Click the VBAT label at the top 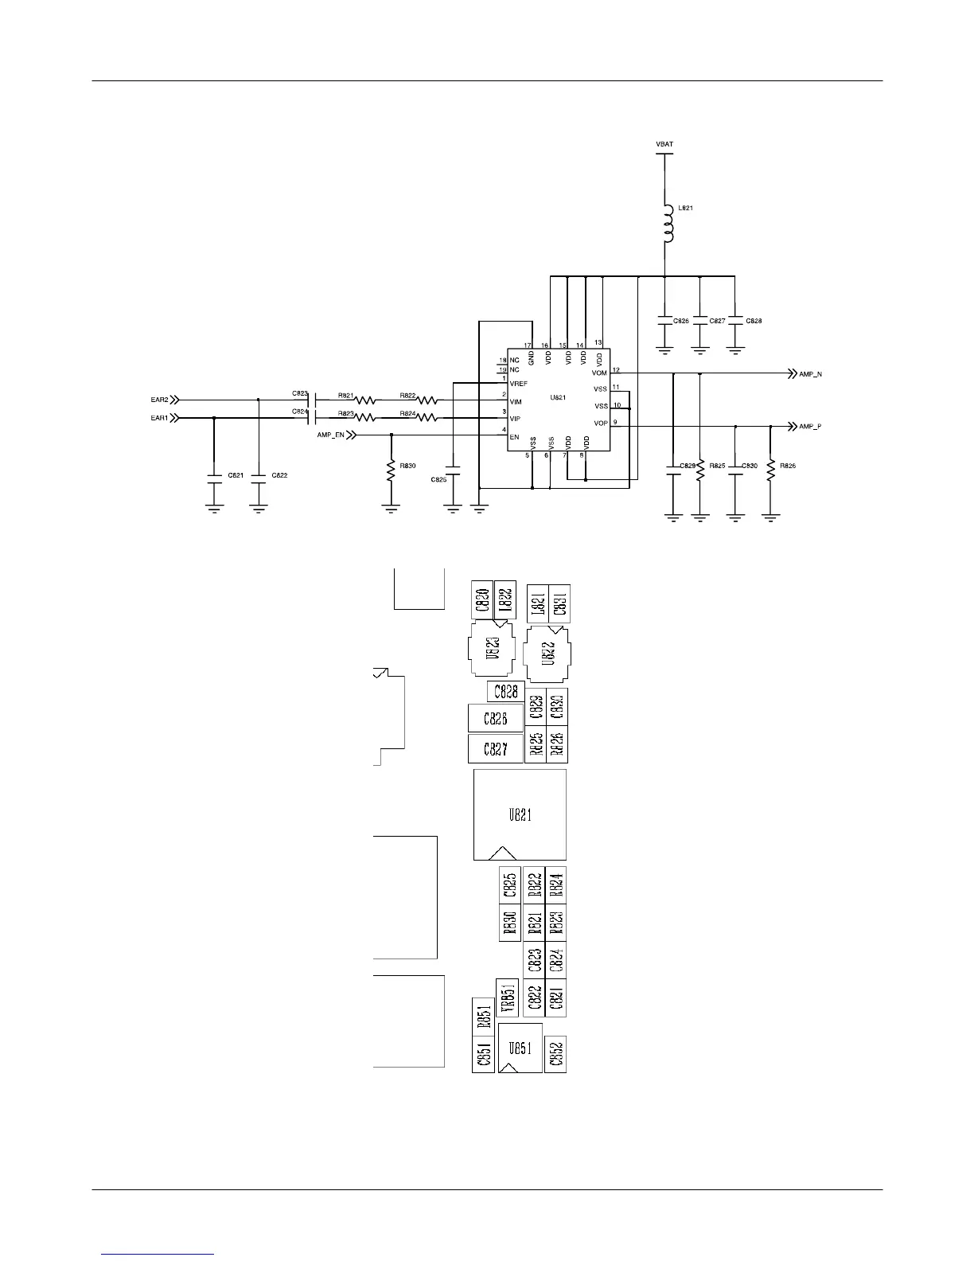tap(664, 144)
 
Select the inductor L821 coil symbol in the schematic tap(667, 224)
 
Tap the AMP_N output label tap(810, 374)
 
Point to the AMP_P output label tap(810, 427)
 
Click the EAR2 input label tap(159, 400)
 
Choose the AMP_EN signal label tap(331, 435)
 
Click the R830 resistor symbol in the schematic tap(391, 471)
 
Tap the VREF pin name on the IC tap(519, 384)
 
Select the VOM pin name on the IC tap(599, 373)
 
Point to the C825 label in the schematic tap(438, 480)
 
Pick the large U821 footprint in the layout tap(520, 814)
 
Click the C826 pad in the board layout tap(496, 719)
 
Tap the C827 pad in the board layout tap(496, 748)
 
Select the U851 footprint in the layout tap(520, 1048)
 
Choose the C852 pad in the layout tap(555, 1054)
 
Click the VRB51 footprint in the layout tap(508, 997)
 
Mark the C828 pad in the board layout tap(506, 692)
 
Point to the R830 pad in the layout tap(510, 923)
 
